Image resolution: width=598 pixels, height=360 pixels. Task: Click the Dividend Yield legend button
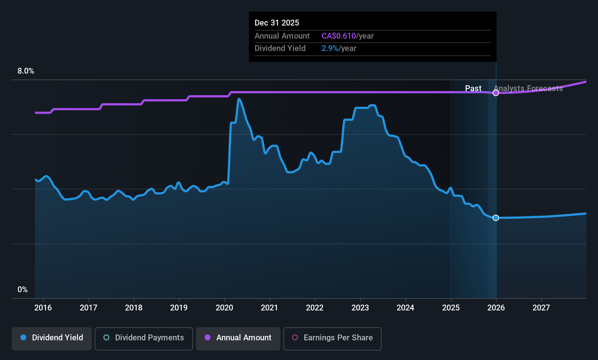point(52,338)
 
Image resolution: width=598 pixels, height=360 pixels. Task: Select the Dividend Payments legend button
point(144,338)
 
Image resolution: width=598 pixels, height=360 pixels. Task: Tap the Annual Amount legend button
point(238,338)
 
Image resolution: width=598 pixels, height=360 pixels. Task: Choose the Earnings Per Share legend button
point(332,338)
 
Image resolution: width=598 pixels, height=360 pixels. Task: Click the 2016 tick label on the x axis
point(43,308)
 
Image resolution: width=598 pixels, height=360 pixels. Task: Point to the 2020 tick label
point(224,308)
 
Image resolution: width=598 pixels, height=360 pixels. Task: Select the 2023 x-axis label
point(360,308)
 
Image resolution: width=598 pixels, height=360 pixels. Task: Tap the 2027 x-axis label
point(541,308)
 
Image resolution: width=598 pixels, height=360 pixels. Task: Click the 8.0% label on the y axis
point(26,71)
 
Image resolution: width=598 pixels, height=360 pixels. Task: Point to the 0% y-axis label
point(23,290)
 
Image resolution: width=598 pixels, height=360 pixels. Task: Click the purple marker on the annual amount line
point(496,93)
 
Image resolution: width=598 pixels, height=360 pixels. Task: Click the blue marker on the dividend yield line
point(496,218)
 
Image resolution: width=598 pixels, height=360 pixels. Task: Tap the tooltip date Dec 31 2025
point(277,23)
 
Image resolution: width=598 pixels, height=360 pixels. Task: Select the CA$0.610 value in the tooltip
point(338,36)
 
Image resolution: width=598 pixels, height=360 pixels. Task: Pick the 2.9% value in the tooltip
point(330,48)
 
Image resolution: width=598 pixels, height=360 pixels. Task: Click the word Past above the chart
point(473,88)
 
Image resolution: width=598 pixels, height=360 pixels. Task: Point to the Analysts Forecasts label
point(528,88)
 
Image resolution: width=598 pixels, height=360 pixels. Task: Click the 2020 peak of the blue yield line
point(239,99)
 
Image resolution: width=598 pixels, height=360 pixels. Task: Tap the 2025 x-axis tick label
point(451,308)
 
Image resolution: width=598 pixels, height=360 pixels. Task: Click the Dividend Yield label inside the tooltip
point(280,48)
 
